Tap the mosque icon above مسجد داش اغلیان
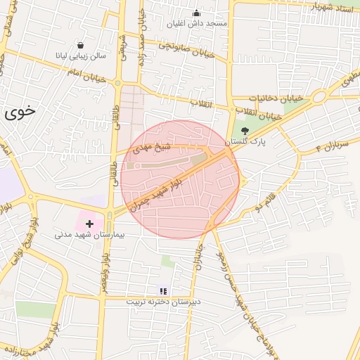[195, 13]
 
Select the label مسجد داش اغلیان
[195, 23]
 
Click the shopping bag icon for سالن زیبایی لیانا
[82, 45]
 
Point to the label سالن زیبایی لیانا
[81, 55]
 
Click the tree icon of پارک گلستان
[245, 131]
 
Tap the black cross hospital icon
[89, 224]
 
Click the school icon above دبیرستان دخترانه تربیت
[163, 290]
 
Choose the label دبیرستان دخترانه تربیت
[163, 302]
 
